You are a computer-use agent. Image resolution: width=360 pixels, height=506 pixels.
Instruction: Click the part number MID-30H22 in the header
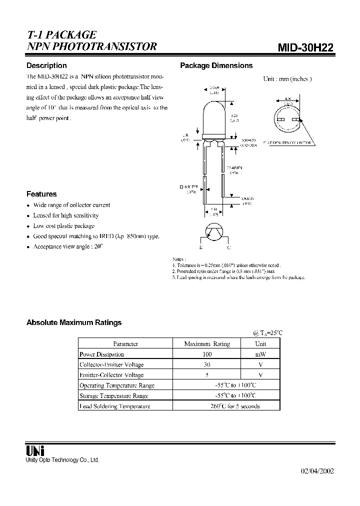[x=305, y=47]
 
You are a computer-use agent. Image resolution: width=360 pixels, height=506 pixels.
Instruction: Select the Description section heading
[x=46, y=65]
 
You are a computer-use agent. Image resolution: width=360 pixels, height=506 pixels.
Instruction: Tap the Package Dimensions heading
[x=216, y=65]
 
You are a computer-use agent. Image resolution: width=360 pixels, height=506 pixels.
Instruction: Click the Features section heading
[x=41, y=194]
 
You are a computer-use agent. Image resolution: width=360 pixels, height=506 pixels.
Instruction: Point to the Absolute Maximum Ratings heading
[x=74, y=322]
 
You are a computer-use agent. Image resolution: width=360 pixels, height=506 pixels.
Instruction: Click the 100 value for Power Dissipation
[x=207, y=354]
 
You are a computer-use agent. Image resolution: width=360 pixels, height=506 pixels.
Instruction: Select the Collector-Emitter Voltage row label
[x=111, y=364]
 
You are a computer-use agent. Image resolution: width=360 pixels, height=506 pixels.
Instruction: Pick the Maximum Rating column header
[x=207, y=343]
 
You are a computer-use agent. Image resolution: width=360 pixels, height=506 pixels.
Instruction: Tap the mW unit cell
[x=260, y=354]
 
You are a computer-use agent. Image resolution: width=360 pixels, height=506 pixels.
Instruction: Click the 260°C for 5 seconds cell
[x=235, y=406]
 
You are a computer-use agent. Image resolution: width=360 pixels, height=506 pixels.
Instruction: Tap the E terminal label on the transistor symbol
[x=201, y=247]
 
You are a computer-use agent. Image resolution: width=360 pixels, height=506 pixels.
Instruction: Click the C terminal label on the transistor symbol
[x=229, y=247]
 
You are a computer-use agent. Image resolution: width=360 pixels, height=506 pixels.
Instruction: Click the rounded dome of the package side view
[x=214, y=107]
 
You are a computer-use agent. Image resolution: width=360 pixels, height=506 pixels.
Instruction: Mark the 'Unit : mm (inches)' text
[x=287, y=78]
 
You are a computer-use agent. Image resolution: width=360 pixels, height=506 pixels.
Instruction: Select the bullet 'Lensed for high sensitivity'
[x=66, y=215]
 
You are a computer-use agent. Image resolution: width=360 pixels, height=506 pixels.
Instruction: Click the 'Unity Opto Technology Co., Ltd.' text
[x=62, y=460]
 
